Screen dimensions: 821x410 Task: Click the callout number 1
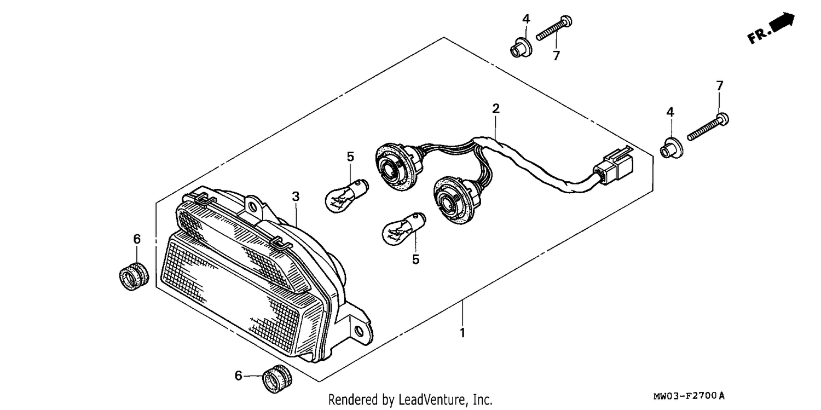coord(462,333)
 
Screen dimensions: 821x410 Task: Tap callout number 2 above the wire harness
coord(495,108)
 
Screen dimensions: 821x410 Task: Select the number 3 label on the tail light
coord(296,197)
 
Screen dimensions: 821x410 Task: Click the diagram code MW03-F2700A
coord(689,396)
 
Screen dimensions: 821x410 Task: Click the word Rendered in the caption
coord(353,399)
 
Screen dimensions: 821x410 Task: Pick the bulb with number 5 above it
coord(346,195)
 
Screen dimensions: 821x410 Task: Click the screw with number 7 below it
coord(554,27)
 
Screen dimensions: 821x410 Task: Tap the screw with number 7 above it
coord(708,127)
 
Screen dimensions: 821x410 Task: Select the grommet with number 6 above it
coord(134,276)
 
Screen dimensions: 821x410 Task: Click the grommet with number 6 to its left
coord(277,379)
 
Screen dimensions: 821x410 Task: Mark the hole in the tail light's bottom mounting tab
coord(360,332)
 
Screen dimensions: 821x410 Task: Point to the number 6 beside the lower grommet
coord(238,376)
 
